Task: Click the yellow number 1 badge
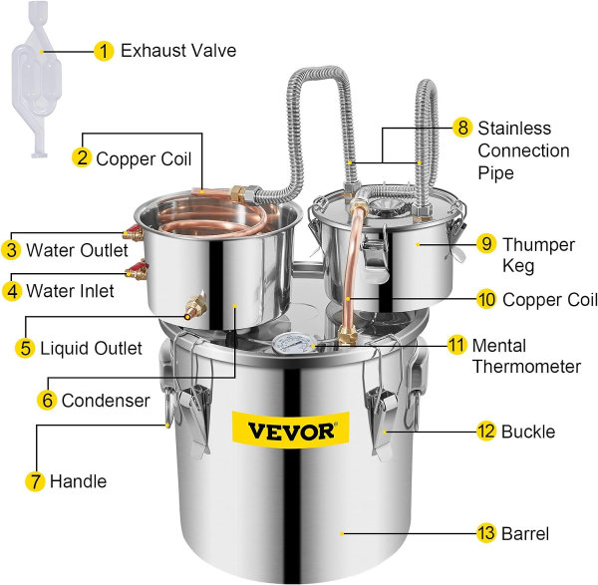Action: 103,50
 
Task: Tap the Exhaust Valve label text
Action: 178,50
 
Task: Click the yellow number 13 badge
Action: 486,532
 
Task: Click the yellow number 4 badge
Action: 12,292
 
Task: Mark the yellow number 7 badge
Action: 36,481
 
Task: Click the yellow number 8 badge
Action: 461,128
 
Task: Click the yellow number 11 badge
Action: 456,345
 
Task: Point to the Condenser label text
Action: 106,401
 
